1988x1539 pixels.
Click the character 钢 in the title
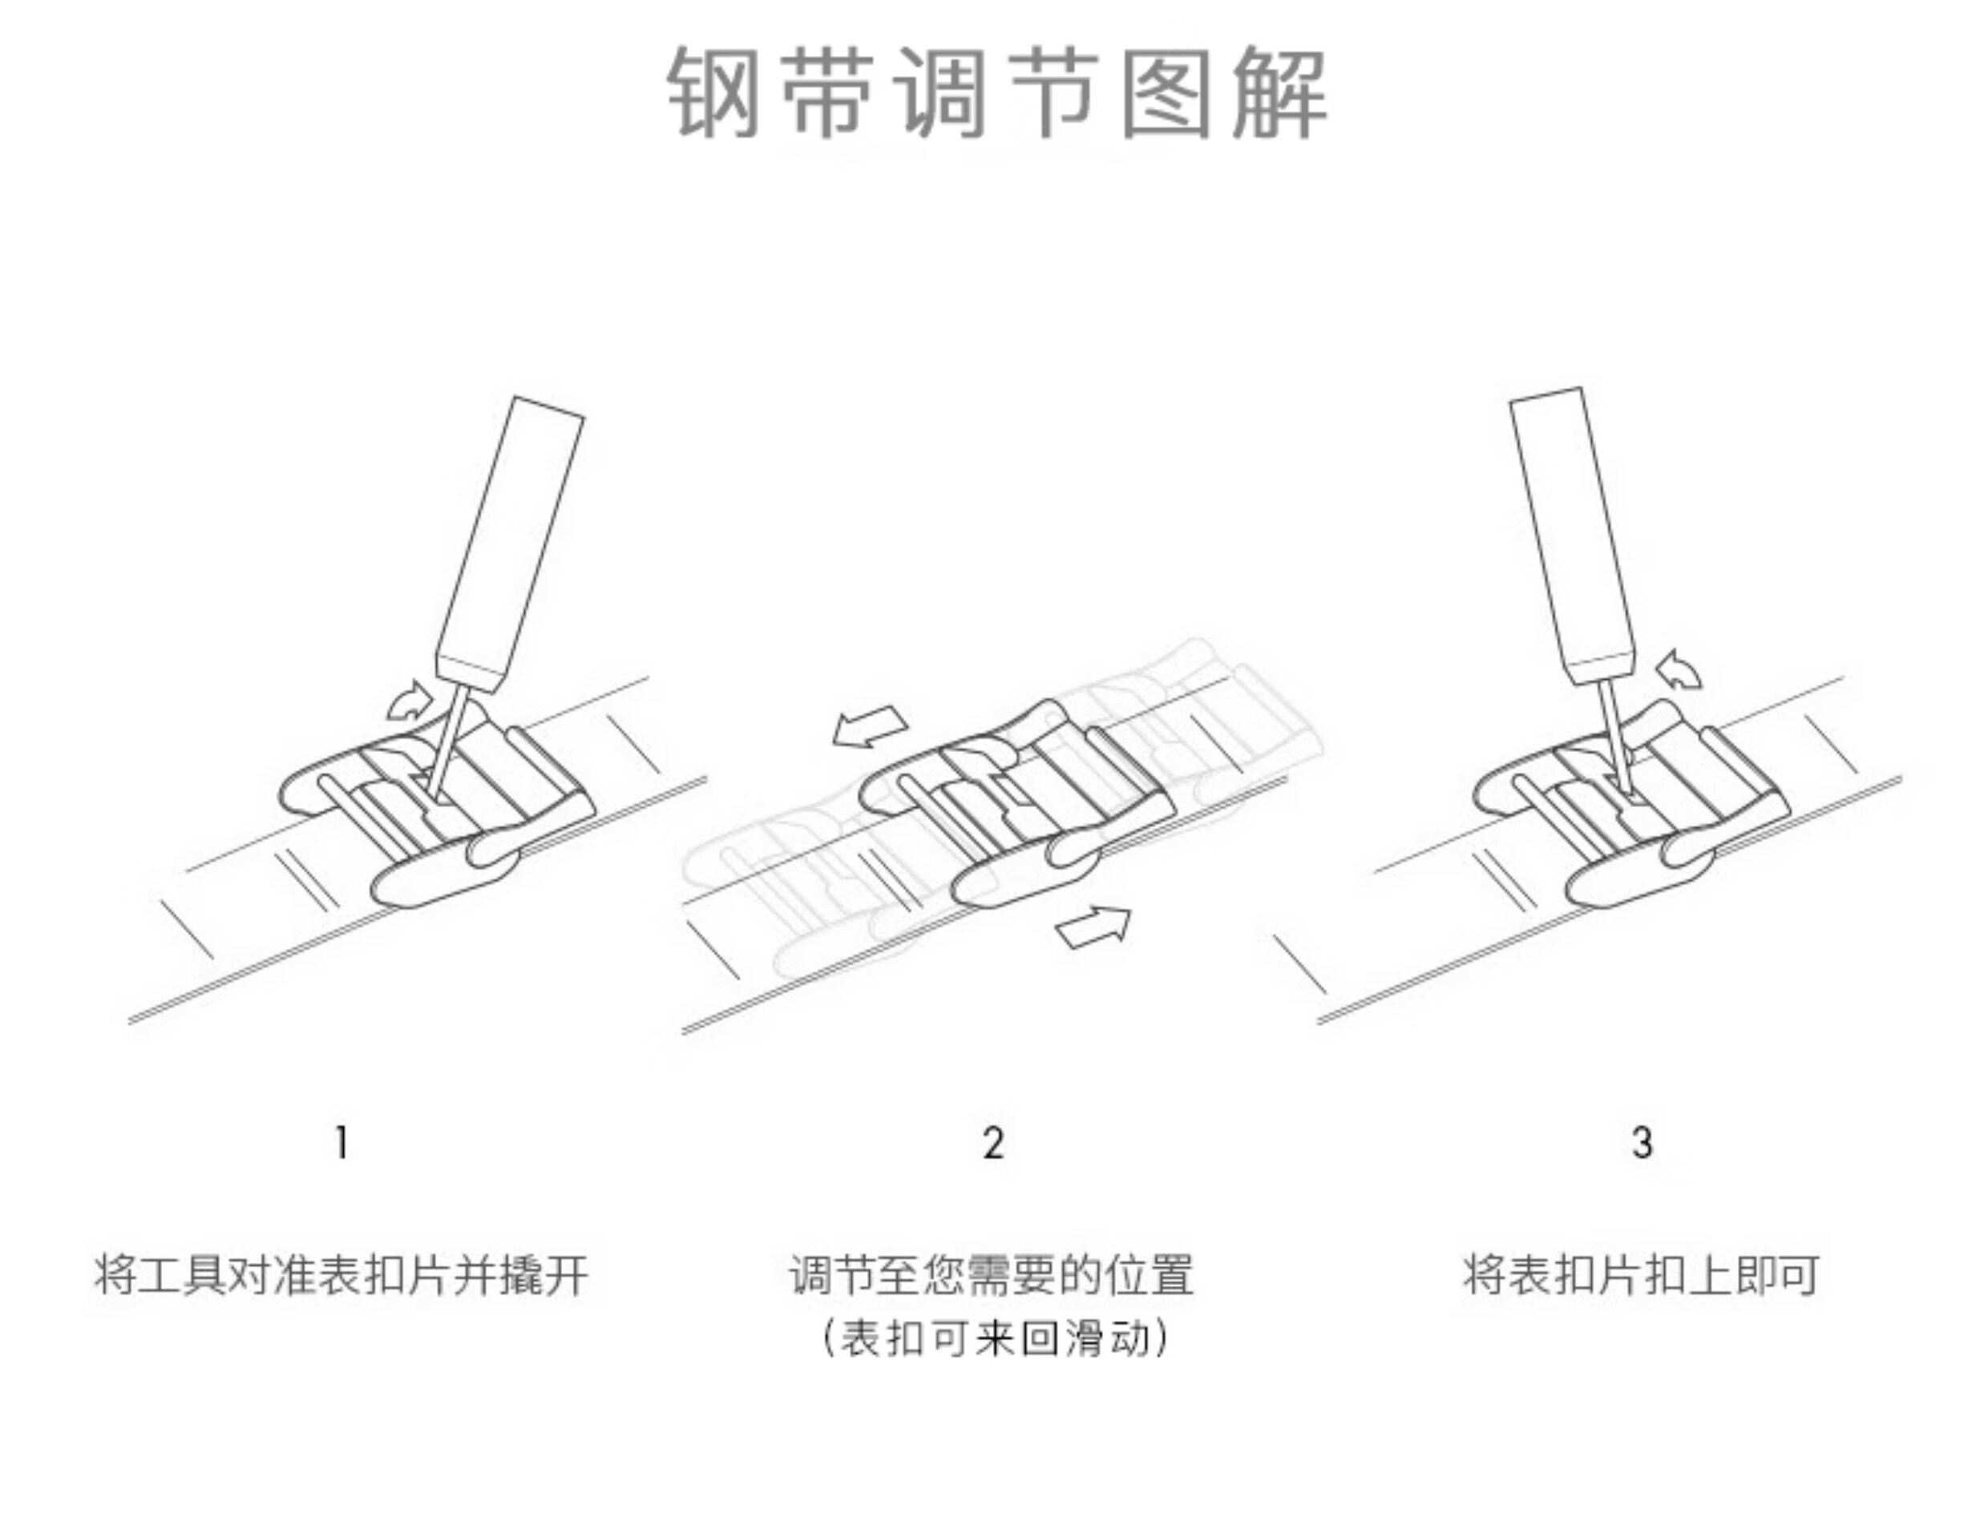click(714, 93)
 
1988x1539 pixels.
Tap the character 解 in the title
click(1279, 93)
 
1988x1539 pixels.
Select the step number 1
click(342, 1142)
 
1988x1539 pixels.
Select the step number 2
click(993, 1142)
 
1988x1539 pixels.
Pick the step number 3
click(1641, 1142)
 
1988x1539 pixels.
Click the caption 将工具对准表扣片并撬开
click(341, 1274)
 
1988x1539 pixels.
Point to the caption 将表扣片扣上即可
click(1641, 1274)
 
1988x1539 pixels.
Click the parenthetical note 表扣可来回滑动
click(994, 1339)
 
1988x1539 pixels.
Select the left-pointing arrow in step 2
click(869, 727)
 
